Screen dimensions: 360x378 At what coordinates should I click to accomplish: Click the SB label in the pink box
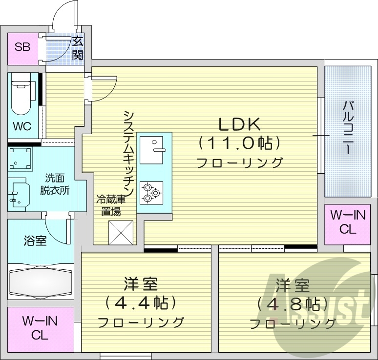22,47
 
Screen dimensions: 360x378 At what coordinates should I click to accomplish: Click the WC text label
22,127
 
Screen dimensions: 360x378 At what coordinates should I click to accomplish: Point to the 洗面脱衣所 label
55,184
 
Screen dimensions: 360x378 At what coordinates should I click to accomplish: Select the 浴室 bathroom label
35,240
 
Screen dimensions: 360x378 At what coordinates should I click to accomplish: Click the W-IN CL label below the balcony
348,222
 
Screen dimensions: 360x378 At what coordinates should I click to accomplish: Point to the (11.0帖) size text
239,143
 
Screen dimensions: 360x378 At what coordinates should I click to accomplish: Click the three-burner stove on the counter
151,192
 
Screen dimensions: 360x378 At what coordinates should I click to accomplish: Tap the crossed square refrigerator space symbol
121,232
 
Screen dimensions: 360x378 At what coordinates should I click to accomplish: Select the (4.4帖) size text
140,303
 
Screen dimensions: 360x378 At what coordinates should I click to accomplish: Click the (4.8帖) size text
292,304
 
